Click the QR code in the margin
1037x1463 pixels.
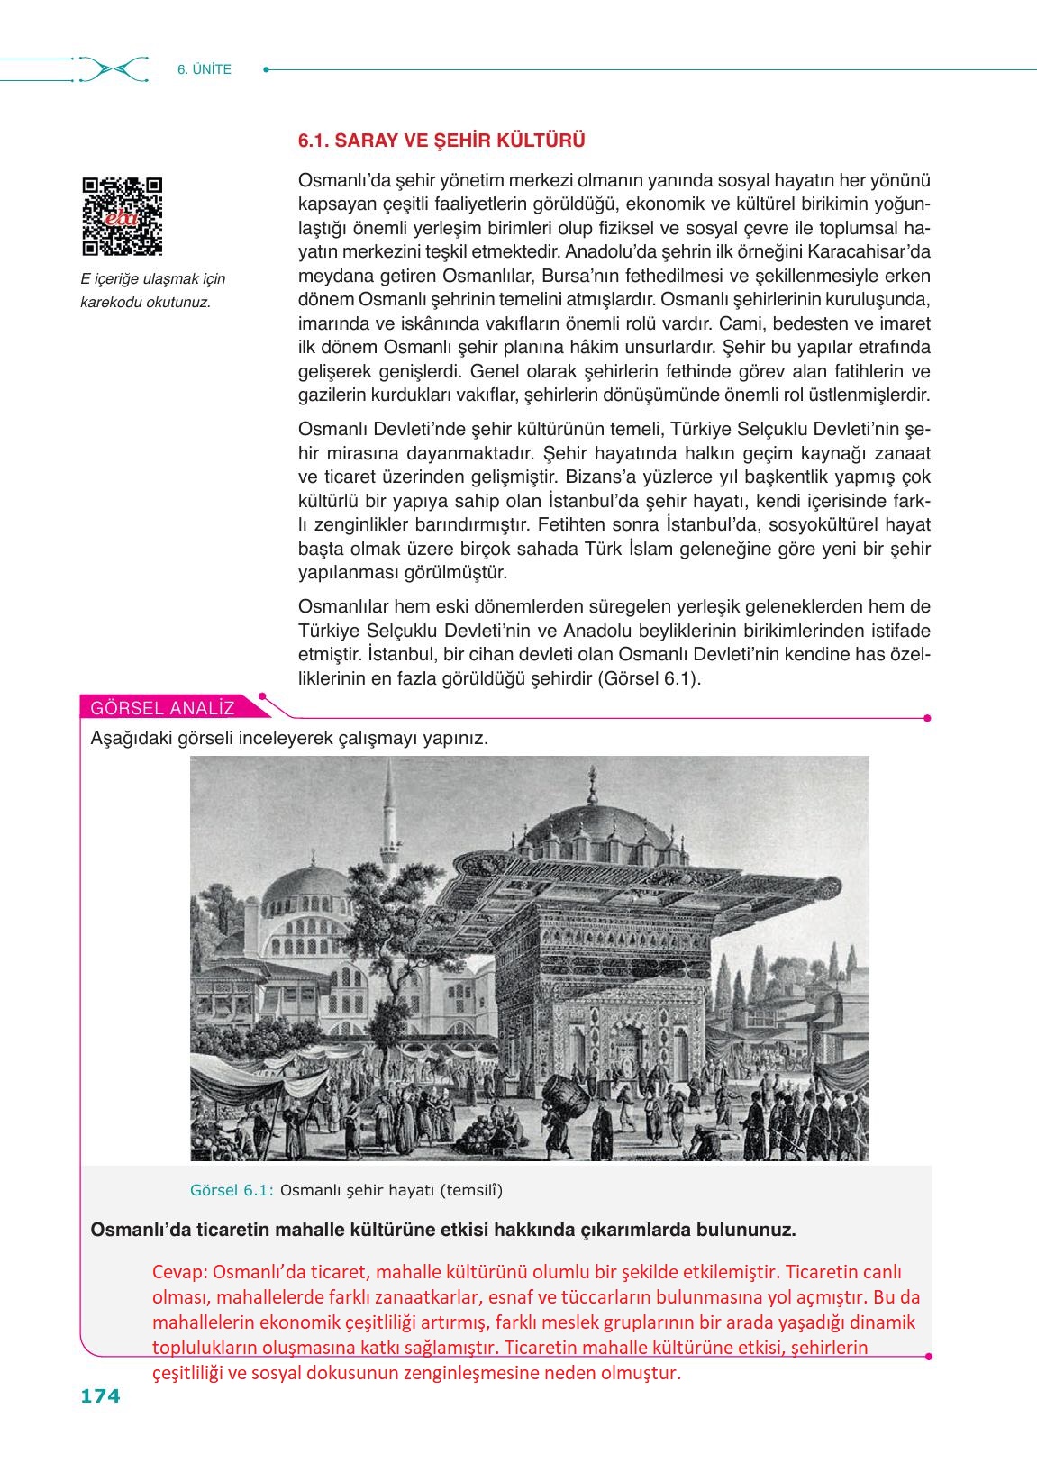123,216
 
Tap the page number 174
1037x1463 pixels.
100,1395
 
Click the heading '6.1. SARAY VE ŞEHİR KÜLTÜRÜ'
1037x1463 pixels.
441,141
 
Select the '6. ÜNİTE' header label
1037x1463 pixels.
205,69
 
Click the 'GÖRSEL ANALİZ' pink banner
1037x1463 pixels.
162,708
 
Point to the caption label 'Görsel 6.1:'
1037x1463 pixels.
232,1190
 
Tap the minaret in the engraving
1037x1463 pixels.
390,829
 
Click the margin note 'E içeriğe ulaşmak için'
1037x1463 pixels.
153,279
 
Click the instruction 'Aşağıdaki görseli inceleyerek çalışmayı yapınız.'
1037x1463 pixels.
289,739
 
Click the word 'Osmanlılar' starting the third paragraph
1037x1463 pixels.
343,606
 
